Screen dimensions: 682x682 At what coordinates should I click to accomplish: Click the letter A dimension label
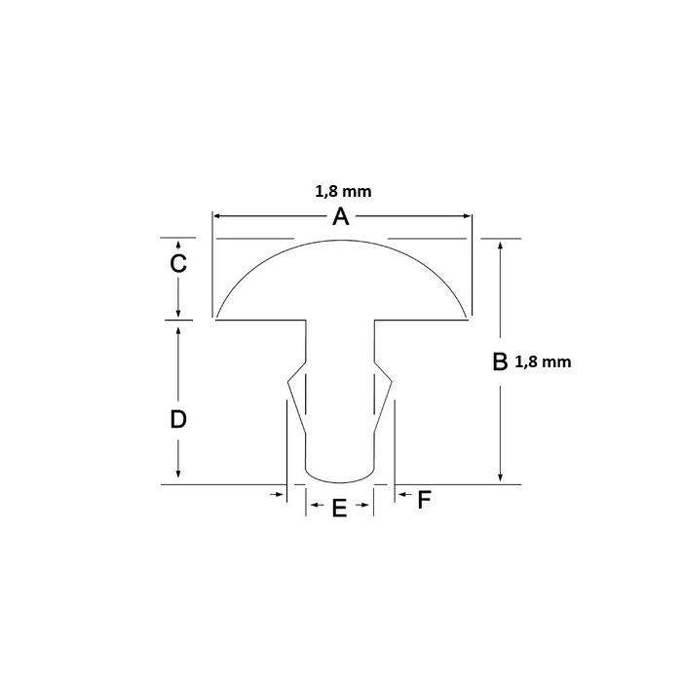point(340,217)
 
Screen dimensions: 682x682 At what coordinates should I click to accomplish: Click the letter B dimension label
point(499,361)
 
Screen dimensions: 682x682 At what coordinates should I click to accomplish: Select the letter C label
point(178,264)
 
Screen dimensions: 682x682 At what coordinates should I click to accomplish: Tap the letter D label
point(178,420)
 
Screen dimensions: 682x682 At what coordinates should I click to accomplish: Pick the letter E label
point(339,508)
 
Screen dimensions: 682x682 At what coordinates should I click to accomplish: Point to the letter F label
point(424,501)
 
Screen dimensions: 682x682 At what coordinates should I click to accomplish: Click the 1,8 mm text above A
point(343,191)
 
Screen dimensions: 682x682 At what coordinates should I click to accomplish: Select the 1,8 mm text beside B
point(542,361)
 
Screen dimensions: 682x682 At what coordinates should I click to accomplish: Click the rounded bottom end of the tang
point(340,478)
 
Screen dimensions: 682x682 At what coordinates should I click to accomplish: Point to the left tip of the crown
point(217,318)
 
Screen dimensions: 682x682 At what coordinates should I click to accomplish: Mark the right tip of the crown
point(467,318)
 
